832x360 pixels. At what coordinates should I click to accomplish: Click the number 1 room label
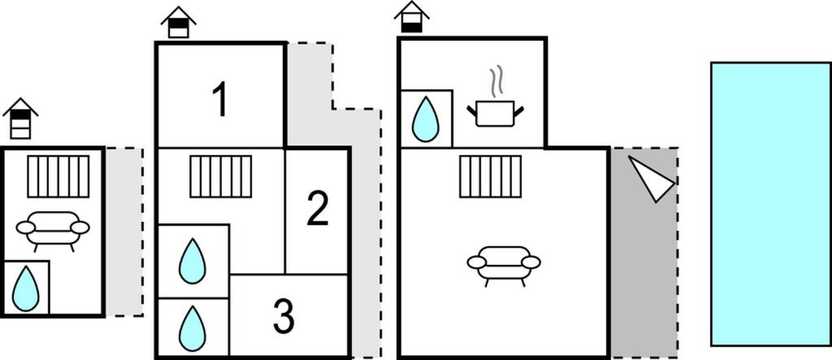coord(219,100)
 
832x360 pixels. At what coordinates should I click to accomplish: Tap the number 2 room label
coord(318,209)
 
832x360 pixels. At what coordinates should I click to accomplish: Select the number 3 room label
coord(284,317)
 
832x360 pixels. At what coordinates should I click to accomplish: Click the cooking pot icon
coord(495,113)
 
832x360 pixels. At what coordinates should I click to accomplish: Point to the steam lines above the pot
coord(496,82)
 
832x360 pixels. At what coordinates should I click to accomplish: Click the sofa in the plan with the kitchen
coord(504,264)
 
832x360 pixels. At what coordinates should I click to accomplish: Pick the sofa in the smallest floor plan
coord(53,229)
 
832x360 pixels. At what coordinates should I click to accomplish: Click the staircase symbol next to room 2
coord(220,176)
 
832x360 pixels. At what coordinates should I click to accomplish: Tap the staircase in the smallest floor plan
coord(58,176)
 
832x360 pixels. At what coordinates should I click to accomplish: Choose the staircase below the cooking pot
coord(489,176)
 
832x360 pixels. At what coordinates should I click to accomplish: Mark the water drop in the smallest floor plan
coord(25,288)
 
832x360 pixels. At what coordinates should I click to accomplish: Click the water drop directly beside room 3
coord(192,327)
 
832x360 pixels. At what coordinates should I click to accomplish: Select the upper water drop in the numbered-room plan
coord(192,261)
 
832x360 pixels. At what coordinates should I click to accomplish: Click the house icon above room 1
coord(179,22)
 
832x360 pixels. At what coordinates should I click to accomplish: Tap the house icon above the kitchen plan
coord(412,16)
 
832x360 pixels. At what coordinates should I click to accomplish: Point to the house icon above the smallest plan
coord(20,119)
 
